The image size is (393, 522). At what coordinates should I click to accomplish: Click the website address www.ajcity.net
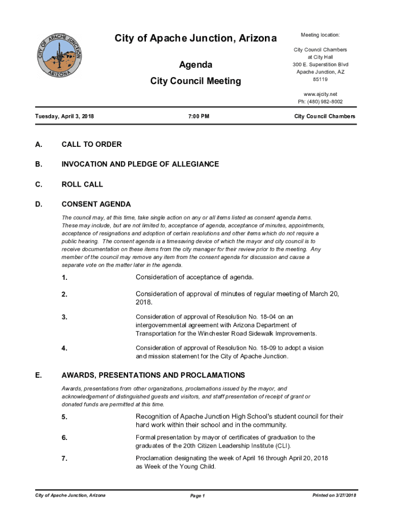[320, 94]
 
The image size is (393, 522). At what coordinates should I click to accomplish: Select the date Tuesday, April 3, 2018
[64, 117]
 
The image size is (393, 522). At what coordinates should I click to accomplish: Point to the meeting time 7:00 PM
[199, 117]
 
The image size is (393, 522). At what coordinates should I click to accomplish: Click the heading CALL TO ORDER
[91, 144]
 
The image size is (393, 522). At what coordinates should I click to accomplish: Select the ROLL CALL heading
[82, 184]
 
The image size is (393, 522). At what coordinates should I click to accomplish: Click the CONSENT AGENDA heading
[96, 204]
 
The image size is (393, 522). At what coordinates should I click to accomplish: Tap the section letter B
[38, 164]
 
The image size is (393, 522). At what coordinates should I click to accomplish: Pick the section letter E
[38, 375]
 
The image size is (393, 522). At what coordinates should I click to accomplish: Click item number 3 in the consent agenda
[64, 318]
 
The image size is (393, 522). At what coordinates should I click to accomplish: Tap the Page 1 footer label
[197, 496]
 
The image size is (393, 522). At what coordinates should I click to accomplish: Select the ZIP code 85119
[320, 80]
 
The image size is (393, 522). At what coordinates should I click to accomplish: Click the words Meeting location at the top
[320, 35]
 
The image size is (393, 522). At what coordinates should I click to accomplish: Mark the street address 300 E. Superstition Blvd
[320, 65]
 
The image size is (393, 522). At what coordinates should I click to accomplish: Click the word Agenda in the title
[195, 65]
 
